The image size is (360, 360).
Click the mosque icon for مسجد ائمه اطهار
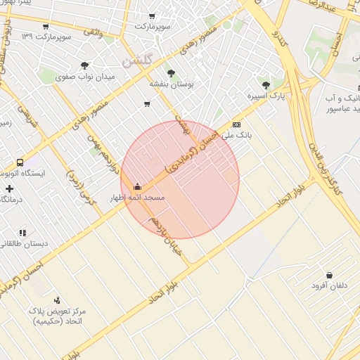[136, 186]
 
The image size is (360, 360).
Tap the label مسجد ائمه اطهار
[136, 198]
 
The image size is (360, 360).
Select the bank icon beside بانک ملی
[236, 124]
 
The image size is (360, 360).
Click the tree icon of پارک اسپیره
[266, 85]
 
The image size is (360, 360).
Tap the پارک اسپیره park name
[266, 96]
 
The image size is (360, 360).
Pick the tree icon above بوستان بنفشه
[171, 72]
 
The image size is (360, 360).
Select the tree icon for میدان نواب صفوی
[85, 65]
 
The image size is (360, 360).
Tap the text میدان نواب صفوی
[84, 76]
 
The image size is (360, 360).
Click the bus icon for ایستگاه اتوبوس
[20, 162]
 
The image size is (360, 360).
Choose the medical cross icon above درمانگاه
[9, 188]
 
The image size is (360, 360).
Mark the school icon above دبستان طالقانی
[22, 232]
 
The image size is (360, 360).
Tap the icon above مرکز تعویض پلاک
[57, 300]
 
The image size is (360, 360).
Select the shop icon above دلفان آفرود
[329, 275]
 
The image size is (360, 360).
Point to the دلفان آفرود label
[329, 286]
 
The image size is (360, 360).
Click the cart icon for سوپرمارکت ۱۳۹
[46, 27]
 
